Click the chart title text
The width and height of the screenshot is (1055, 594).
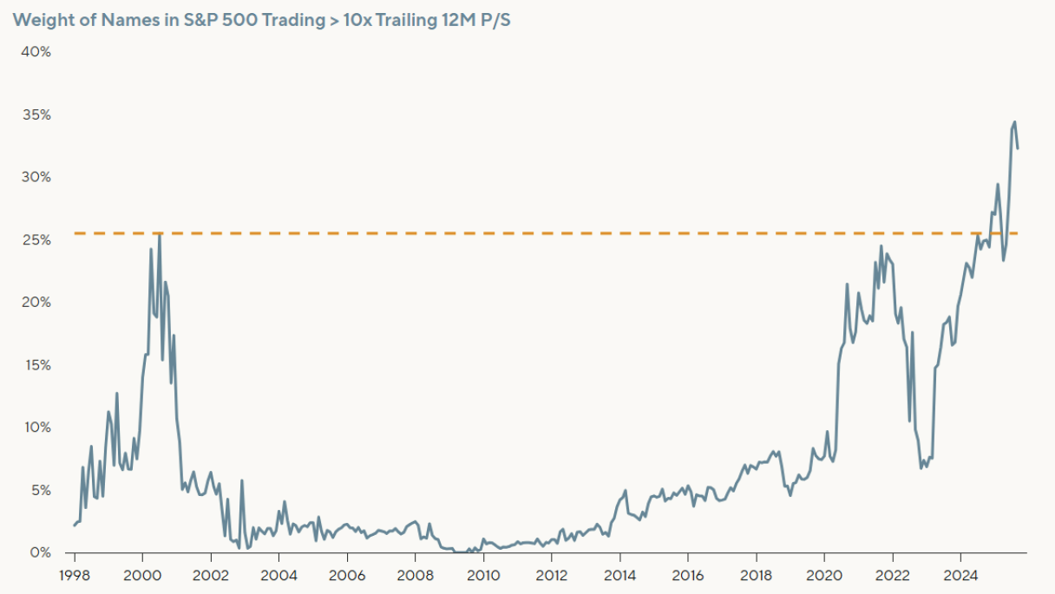tap(260, 19)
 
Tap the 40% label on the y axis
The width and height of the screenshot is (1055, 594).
tap(36, 52)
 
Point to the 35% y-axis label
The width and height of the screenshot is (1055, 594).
tap(36, 114)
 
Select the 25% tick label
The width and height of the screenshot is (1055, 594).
tap(36, 239)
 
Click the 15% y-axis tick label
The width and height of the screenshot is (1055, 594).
tap(36, 365)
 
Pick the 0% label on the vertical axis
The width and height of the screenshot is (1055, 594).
tap(40, 552)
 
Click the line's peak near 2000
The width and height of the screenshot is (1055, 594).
tap(159, 234)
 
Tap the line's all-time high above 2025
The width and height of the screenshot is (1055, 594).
tap(1014, 122)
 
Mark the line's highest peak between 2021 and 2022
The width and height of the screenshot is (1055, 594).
tap(881, 246)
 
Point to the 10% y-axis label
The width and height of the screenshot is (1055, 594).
tap(36, 428)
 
